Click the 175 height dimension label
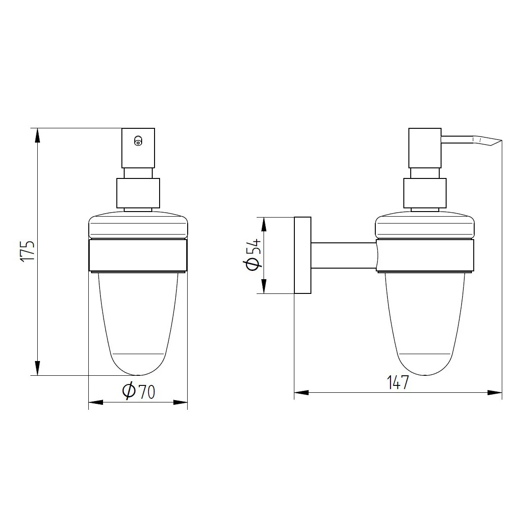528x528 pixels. [x=28, y=251]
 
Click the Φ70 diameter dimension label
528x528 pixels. [x=138, y=391]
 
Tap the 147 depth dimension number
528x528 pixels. [x=398, y=383]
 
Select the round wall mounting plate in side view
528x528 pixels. [x=302, y=255]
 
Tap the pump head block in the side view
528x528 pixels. [x=425, y=148]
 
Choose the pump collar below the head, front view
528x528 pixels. [x=138, y=193]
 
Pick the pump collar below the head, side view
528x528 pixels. [x=425, y=193]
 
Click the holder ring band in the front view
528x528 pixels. [x=138, y=255]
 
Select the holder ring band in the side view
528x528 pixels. [x=425, y=255]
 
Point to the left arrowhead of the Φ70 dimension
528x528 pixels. [x=95, y=402]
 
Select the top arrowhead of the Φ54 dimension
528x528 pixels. [x=264, y=224]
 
